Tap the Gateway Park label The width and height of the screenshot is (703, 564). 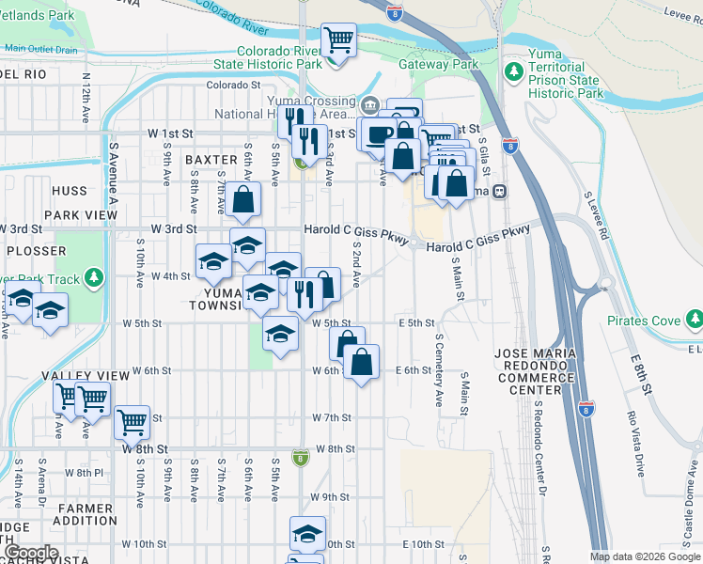pos(438,64)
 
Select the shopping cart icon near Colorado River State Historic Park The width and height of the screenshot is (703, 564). pos(337,40)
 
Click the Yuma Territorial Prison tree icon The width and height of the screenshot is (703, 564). pos(513,72)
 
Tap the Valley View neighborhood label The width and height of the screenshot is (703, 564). pos(86,375)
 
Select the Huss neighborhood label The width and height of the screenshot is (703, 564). pos(69,191)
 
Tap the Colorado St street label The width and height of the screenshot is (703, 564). pos(233,85)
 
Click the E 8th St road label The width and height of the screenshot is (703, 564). pos(640,373)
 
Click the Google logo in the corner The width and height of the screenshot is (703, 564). pos(32,553)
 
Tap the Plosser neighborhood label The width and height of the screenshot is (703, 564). pos(37,251)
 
